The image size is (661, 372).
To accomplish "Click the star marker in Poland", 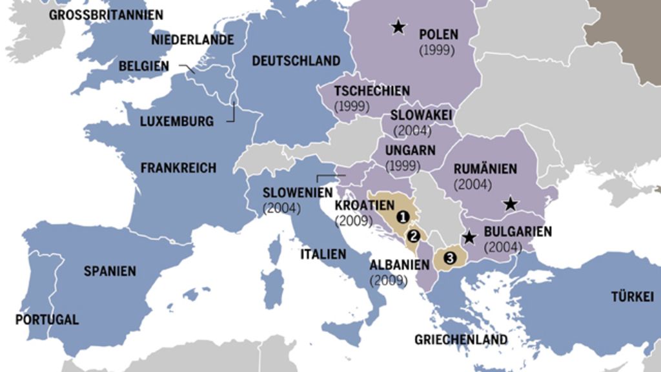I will [399, 26].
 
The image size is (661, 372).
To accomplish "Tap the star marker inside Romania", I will [511, 204].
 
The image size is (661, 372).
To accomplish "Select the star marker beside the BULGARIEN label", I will [470, 237].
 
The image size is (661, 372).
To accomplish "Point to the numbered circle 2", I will [414, 236].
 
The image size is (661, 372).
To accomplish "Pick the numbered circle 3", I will [450, 258].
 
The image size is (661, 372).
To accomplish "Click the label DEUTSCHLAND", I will [296, 61].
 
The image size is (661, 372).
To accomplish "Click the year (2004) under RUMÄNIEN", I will [473, 185].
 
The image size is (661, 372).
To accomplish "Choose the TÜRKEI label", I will [633, 297].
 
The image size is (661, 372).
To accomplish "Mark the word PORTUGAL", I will [47, 320].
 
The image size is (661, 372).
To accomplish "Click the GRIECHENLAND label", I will [461, 339].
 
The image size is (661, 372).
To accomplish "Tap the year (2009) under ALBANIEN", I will [389, 281].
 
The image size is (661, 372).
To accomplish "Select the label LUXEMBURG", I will [177, 121].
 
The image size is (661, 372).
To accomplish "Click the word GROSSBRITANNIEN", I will [106, 14].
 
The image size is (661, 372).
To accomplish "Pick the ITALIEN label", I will [323, 254].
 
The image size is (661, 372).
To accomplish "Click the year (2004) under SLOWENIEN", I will [282, 209].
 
